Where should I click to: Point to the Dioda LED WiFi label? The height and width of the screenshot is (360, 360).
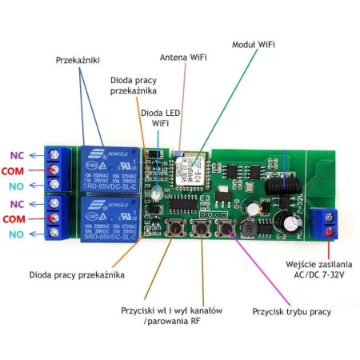tap(160, 118)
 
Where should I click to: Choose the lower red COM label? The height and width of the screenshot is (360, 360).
tap(15, 218)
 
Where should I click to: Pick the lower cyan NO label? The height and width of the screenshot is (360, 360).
tap(16, 234)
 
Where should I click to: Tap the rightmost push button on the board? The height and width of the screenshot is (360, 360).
tap(226, 230)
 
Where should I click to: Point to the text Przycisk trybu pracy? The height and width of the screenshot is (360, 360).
tap(292, 311)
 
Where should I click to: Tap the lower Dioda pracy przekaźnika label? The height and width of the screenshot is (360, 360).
tap(77, 274)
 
